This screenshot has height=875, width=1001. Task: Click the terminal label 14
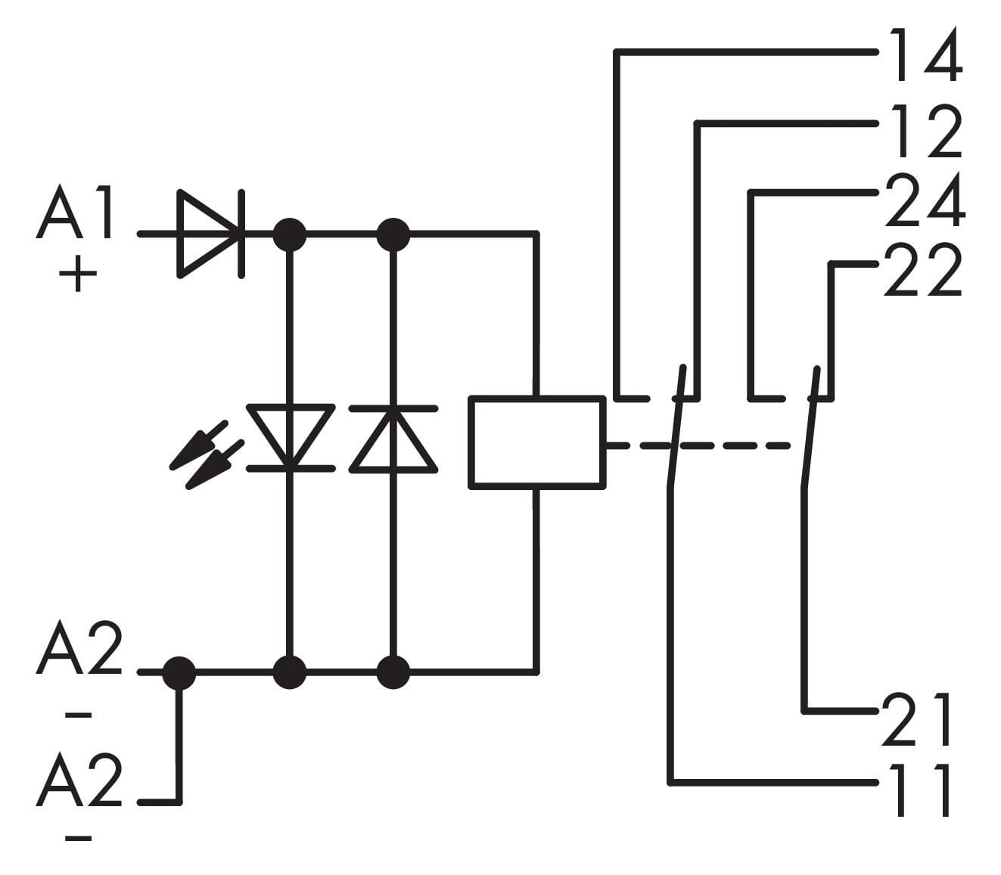pyautogui.click(x=925, y=54)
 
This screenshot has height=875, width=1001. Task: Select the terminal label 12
pyautogui.click(x=925, y=130)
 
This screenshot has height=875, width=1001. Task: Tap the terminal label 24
pyautogui.click(x=925, y=200)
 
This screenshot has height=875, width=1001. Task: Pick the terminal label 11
pyautogui.click(x=920, y=790)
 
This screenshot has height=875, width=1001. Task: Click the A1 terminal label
pyautogui.click(x=76, y=215)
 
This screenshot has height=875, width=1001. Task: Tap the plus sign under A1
pyautogui.click(x=78, y=274)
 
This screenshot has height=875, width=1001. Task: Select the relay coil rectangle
pyautogui.click(x=537, y=442)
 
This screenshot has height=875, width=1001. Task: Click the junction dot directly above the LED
pyautogui.click(x=290, y=234)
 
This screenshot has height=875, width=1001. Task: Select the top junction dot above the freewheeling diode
pyautogui.click(x=393, y=234)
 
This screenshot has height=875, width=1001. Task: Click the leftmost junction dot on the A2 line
pyautogui.click(x=179, y=672)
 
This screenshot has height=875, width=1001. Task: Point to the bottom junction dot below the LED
pyautogui.click(x=290, y=672)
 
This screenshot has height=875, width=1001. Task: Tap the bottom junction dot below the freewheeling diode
pyautogui.click(x=393, y=672)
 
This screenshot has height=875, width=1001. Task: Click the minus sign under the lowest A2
pyautogui.click(x=79, y=838)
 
